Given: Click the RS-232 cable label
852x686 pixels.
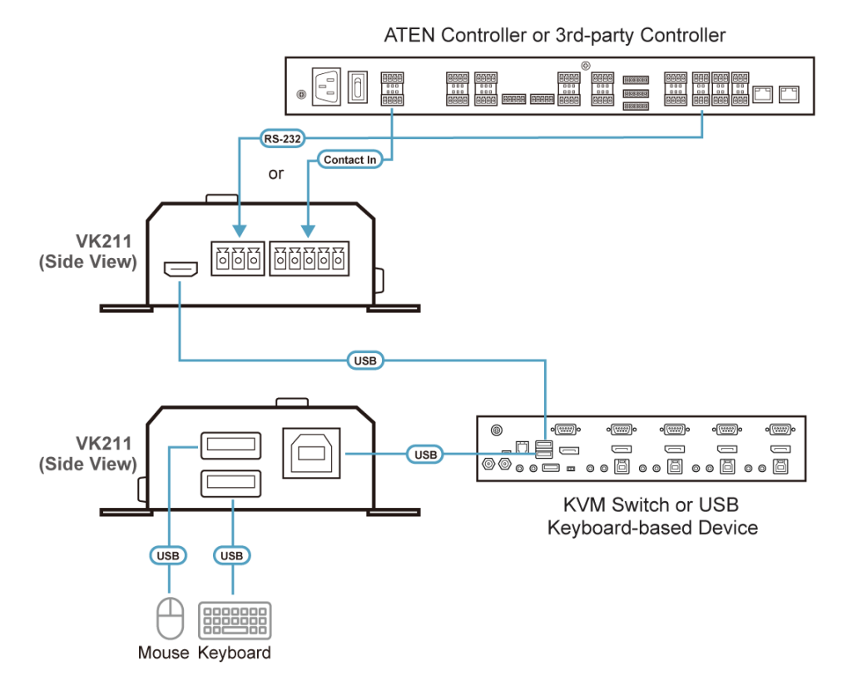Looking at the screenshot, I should point(275,140).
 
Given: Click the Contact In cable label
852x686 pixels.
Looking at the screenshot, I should point(349,159).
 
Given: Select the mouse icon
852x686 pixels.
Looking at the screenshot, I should point(170,618).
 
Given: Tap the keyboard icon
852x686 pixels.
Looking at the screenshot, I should point(234,620).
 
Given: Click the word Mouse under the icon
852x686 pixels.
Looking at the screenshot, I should point(164,653).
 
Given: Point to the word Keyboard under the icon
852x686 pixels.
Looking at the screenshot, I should point(235,653).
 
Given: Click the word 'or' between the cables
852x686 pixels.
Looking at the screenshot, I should point(276,174).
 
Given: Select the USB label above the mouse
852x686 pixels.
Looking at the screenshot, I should point(169,555).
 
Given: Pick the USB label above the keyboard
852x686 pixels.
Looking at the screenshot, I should point(232,555).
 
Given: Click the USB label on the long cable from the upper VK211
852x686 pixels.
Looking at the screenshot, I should point(364,361).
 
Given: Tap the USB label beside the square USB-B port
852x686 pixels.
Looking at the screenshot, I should point(425,455).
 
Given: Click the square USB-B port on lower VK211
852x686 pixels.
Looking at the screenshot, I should point(311,454).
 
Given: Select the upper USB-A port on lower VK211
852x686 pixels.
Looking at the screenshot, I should point(230,445).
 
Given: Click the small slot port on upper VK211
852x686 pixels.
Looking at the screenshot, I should point(179,270).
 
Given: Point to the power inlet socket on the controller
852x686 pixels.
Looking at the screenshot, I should point(325,85).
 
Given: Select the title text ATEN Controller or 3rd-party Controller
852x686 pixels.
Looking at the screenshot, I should point(554,36).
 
